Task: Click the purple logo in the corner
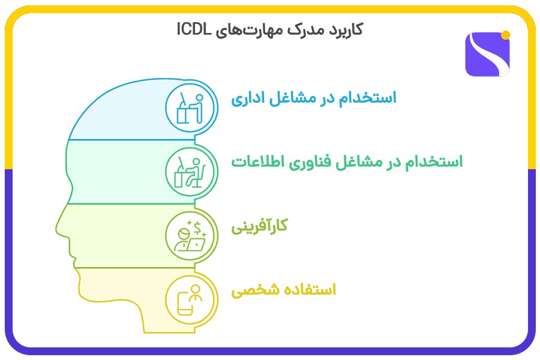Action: point(487,54)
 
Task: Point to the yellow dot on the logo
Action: point(505,35)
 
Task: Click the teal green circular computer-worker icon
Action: point(187,170)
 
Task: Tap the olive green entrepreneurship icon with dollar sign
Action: point(187,235)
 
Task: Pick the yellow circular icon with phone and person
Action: point(187,298)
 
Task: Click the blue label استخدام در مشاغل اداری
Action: point(314,97)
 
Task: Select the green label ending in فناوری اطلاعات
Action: point(347,161)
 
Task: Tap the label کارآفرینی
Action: point(259,226)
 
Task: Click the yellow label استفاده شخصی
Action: point(284,290)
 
